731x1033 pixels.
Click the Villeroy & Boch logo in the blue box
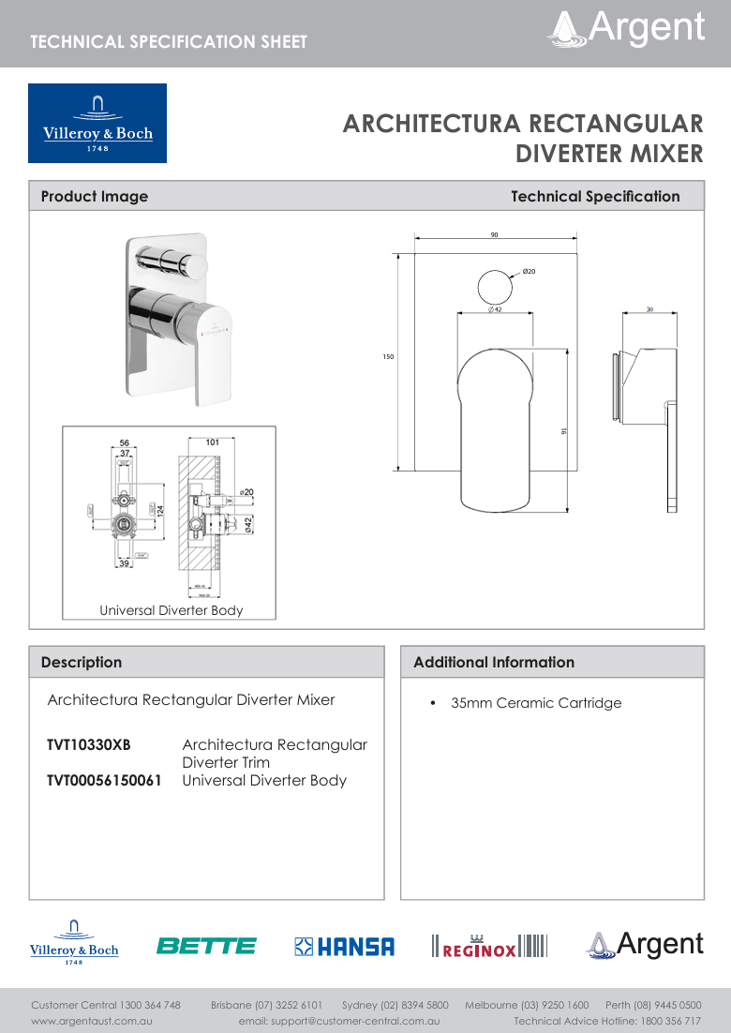pos(97,123)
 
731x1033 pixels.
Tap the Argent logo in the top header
pos(626,28)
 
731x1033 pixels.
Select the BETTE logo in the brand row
pos(206,946)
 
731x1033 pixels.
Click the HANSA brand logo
pos(344,947)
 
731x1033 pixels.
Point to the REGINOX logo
pos(488,947)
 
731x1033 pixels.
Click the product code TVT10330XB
pos(89,745)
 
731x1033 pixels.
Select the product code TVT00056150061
pos(104,780)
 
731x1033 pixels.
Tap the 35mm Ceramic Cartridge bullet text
pos(535,703)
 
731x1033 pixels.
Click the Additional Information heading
pos(494,662)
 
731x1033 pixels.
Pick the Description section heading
pos(82,662)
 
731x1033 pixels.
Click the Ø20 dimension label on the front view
pos(529,271)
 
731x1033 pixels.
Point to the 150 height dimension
pos(387,357)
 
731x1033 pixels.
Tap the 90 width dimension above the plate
pos(494,234)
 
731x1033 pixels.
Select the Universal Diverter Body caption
pos(172,610)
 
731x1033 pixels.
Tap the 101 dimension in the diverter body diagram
pos(212,442)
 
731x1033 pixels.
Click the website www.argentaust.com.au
pos(92,1020)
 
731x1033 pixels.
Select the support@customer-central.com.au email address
pos(339,1020)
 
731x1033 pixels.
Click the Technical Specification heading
pos(595,196)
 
